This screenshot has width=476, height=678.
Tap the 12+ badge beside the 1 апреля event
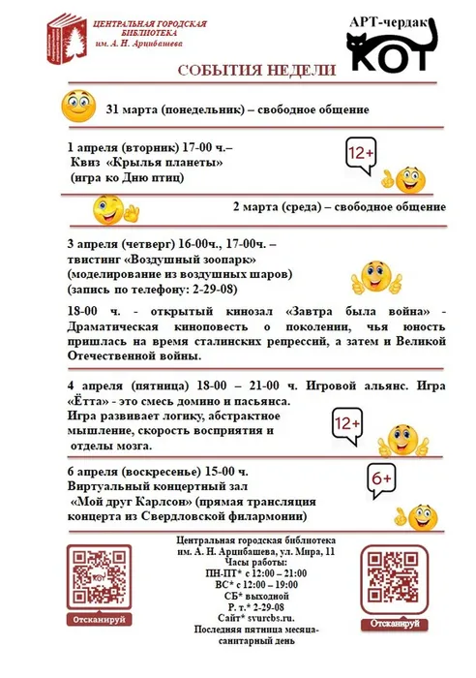pos(362,153)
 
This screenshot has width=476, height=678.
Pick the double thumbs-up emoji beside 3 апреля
pos(376,277)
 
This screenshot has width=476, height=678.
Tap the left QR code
pos(98,577)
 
